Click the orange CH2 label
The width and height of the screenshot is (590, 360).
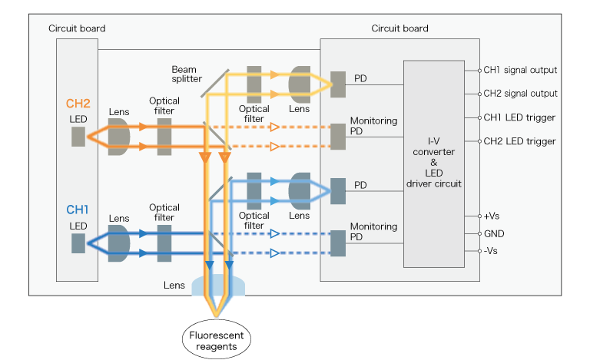click(78, 104)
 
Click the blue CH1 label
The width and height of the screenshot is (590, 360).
click(78, 210)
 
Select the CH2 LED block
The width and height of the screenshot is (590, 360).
click(78, 137)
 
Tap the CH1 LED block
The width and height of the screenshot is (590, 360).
click(78, 243)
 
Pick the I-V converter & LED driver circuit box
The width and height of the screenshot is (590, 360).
click(435, 163)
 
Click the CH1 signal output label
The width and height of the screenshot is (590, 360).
click(519, 70)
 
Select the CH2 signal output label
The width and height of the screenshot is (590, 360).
click(519, 94)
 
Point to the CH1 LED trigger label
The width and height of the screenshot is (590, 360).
click(519, 117)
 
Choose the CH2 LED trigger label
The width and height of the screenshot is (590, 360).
click(519, 141)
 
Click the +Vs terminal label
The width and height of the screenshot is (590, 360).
click(492, 216)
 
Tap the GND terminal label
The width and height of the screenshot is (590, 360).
click(494, 233)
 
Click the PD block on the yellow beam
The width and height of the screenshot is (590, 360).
click(338, 84)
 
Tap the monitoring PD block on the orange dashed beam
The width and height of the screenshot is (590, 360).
click(338, 136)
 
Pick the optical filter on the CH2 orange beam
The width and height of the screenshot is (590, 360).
click(164, 137)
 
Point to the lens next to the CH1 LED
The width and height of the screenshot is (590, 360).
click(120, 243)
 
